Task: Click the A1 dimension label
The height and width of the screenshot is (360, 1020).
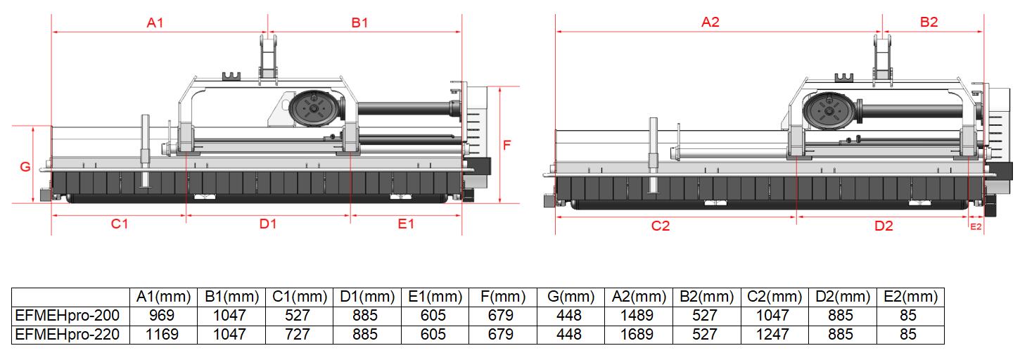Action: pos(155,22)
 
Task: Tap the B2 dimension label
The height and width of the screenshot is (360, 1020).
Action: pos(929,22)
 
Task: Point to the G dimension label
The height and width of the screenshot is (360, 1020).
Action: pos(25,167)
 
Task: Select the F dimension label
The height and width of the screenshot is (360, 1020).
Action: pos(506,145)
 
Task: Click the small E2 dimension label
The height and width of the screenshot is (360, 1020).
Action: pos(976,226)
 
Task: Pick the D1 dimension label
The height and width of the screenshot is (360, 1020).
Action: pos(268,224)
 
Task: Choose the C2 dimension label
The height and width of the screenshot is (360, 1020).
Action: pos(661,226)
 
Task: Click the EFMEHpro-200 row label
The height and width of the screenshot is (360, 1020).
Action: pos(68,316)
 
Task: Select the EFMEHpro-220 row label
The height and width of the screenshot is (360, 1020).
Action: pos(68,335)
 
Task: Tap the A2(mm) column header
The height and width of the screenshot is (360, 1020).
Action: pos(639,297)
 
